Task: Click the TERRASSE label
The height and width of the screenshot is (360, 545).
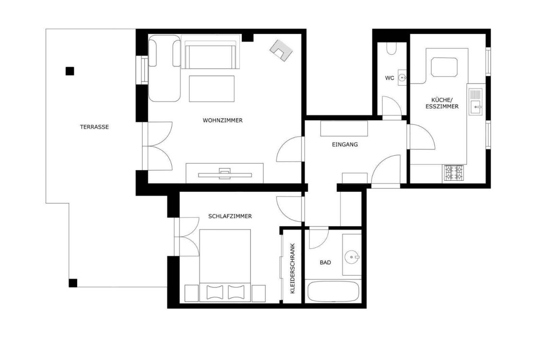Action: pos(94,127)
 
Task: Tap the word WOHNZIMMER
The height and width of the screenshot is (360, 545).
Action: pos(223,120)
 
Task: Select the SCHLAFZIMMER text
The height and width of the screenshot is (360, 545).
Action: pos(230,216)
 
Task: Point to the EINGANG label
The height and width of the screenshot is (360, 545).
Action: pos(345,144)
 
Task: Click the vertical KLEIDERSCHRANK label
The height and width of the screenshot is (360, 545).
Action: pos(292,268)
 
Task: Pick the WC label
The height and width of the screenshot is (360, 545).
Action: pos(389,78)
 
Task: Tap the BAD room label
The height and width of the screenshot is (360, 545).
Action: pos(325,262)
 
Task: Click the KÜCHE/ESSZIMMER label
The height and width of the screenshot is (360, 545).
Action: pos(442,103)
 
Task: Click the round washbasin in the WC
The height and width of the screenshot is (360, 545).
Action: pos(402,77)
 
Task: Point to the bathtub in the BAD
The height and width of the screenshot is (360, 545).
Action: pos(333,291)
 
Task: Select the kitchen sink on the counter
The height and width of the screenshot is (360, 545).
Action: pos(475,102)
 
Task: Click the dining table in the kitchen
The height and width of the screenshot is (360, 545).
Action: pos(444,67)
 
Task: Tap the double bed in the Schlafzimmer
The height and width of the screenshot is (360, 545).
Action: pos(225,265)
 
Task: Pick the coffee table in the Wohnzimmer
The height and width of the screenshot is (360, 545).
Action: pos(212,89)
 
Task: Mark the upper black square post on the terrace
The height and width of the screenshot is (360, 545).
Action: pos(70,71)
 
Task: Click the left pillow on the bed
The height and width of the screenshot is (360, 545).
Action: pos(214,292)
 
